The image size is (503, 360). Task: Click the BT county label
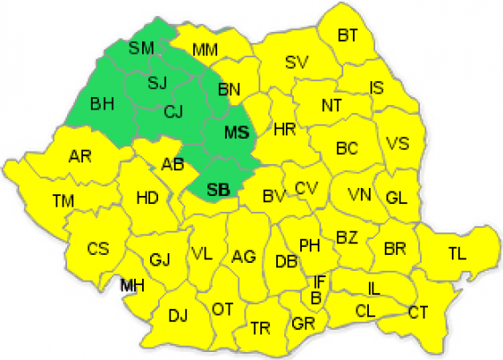pyautogui.click(x=349, y=35)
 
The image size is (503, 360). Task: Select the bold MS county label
pyautogui.click(x=235, y=133)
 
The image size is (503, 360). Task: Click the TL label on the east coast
pyautogui.click(x=456, y=253)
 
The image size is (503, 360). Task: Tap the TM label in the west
pyautogui.click(x=63, y=201)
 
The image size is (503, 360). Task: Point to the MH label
pyautogui.click(x=133, y=285)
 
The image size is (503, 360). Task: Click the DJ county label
pyautogui.click(x=177, y=315)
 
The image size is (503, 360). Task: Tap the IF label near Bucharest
pyautogui.click(x=320, y=281)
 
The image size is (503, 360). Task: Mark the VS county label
pyautogui.click(x=399, y=144)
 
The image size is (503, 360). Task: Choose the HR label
pyautogui.click(x=283, y=129)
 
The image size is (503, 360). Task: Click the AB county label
pyautogui.click(x=172, y=163)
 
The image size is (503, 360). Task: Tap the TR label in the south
pyautogui.click(x=260, y=328)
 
